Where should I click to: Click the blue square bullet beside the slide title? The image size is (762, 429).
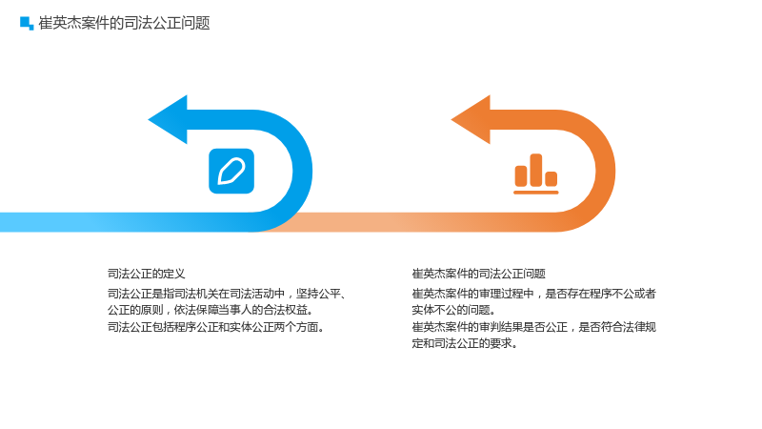pyautogui.click(x=27, y=23)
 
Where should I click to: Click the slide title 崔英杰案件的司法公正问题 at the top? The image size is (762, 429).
pyautogui.click(x=124, y=23)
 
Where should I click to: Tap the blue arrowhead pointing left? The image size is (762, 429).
pyautogui.click(x=168, y=120)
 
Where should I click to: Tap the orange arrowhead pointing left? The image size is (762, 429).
pyautogui.click(x=471, y=120)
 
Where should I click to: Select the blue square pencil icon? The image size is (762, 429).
pyautogui.click(x=231, y=172)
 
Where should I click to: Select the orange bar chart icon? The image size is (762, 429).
pyautogui.click(x=536, y=174)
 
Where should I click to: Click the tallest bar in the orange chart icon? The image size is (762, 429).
pyautogui.click(x=536, y=170)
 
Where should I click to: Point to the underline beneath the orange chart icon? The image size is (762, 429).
pyautogui.click(x=536, y=193)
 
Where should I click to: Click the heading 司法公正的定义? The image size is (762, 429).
pyautogui.click(x=147, y=274)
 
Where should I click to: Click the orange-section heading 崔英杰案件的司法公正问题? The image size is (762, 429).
pyautogui.click(x=479, y=274)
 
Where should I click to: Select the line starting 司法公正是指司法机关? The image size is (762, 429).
pyautogui.click(x=227, y=294)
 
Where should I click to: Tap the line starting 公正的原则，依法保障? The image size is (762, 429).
pyautogui.click(x=211, y=310)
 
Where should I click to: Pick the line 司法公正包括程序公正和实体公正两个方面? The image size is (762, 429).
pyautogui.click(x=216, y=327)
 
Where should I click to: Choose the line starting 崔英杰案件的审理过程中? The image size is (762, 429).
pyautogui.click(x=533, y=294)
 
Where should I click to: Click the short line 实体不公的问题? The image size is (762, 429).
pyautogui.click(x=453, y=310)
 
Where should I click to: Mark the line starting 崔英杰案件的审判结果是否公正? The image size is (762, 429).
pyautogui.click(x=533, y=327)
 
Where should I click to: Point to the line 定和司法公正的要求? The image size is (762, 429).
pyautogui.click(x=465, y=343)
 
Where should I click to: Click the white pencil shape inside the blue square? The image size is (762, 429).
pyautogui.click(x=231, y=172)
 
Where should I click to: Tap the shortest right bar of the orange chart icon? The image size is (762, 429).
pyautogui.click(x=551, y=178)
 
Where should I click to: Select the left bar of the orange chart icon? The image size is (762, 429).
pyautogui.click(x=521, y=175)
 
